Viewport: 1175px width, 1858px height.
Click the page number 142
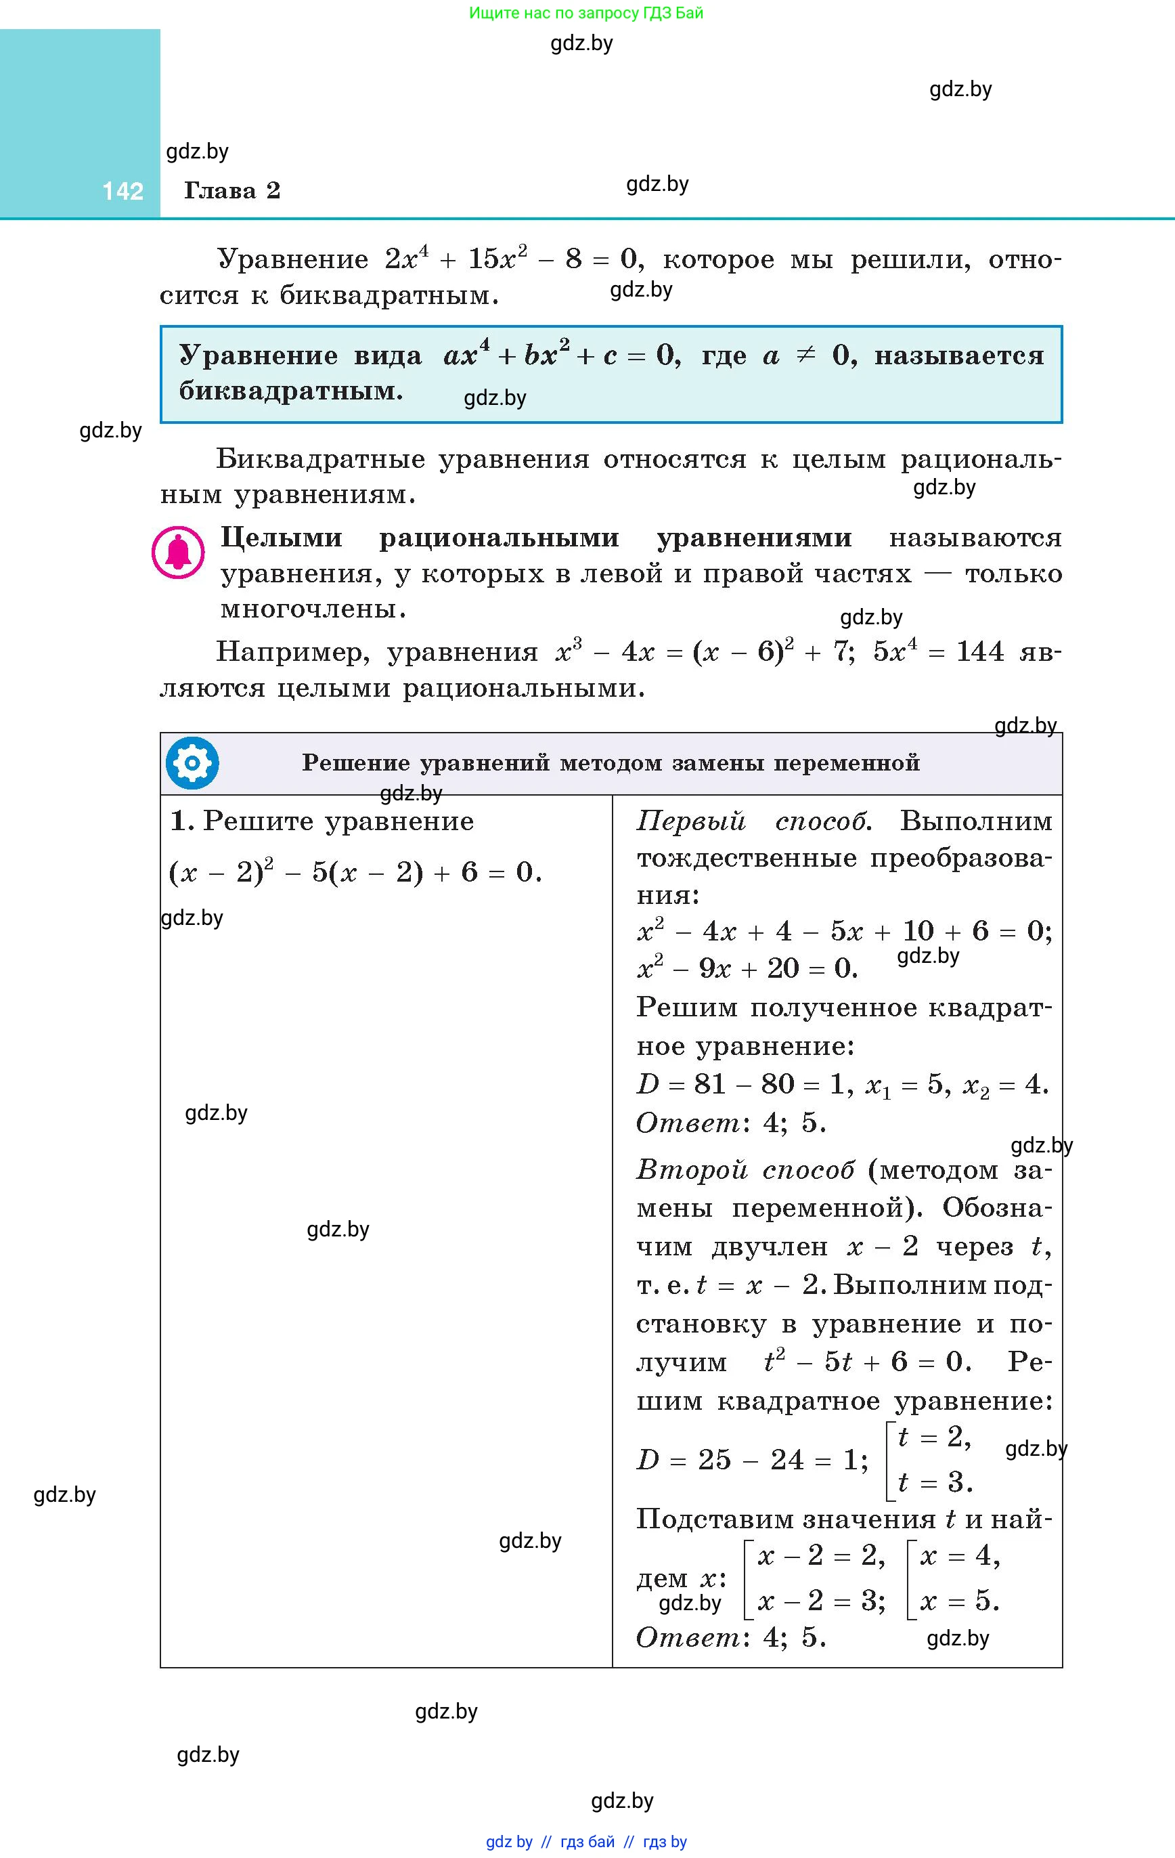(123, 190)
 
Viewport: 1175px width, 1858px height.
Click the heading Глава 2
(231, 190)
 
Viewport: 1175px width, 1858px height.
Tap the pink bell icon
(178, 553)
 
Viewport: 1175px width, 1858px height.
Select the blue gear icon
(192, 763)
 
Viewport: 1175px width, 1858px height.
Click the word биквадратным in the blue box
(291, 391)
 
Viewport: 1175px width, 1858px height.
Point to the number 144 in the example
(980, 652)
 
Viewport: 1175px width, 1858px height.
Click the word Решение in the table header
(355, 763)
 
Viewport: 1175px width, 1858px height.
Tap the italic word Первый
(690, 821)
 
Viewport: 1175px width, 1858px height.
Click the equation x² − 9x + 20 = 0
(747, 968)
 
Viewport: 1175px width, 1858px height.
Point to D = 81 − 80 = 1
(740, 1085)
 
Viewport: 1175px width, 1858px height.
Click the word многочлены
(313, 609)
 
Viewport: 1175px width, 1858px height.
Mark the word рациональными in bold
(499, 538)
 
